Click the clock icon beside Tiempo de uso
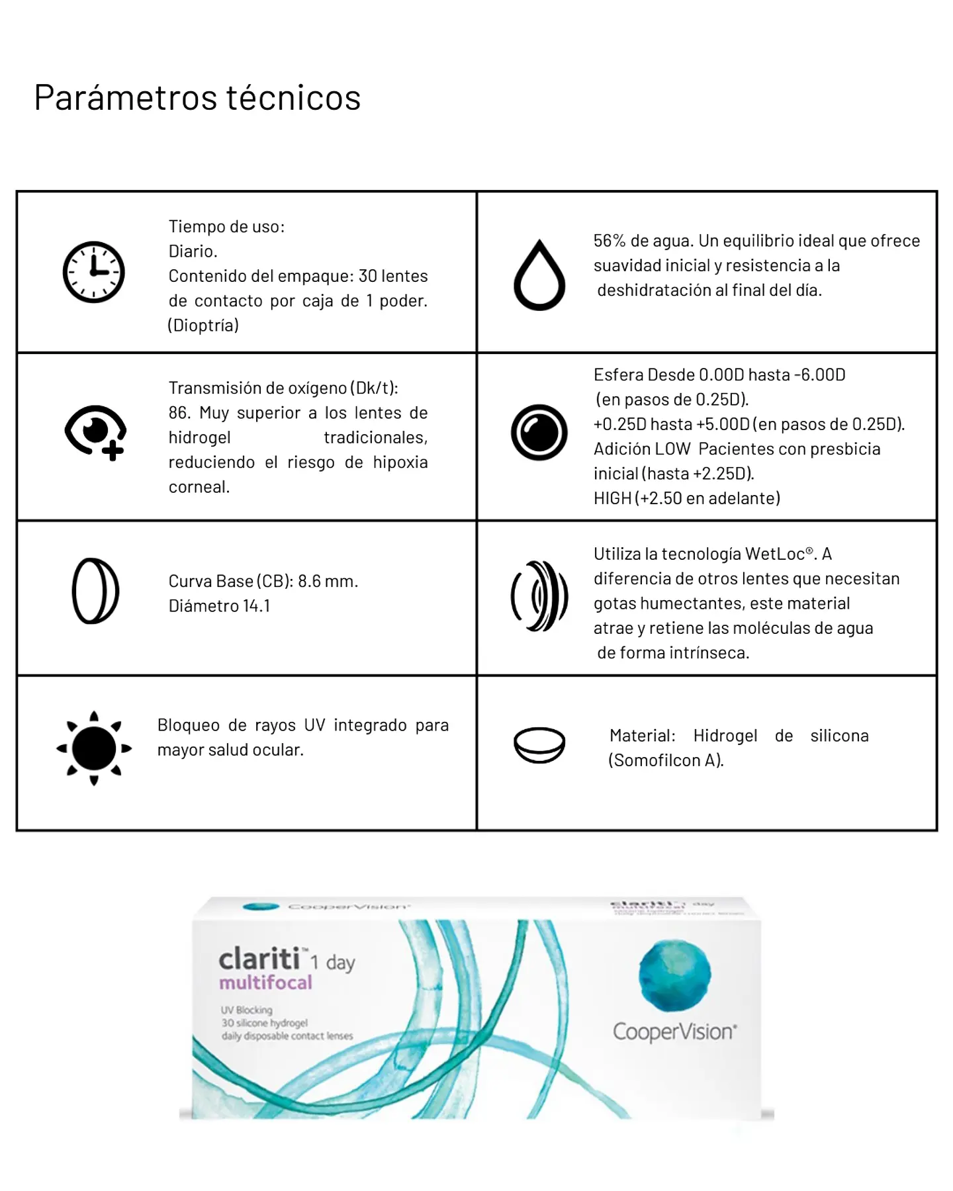94,272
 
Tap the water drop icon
539,275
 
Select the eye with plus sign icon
96,432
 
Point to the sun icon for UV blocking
94,748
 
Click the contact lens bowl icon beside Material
539,745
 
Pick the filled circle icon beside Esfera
539,433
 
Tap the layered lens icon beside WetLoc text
539,595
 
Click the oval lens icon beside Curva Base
95,591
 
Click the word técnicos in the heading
293,98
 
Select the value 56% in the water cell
610,241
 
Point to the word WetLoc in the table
775,554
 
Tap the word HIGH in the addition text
612,498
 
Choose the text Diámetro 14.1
219,606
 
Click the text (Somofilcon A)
666,760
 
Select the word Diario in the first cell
192,251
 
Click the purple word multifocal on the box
265,983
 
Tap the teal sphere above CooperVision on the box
674,975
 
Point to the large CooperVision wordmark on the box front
674,1032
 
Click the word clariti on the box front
259,959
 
